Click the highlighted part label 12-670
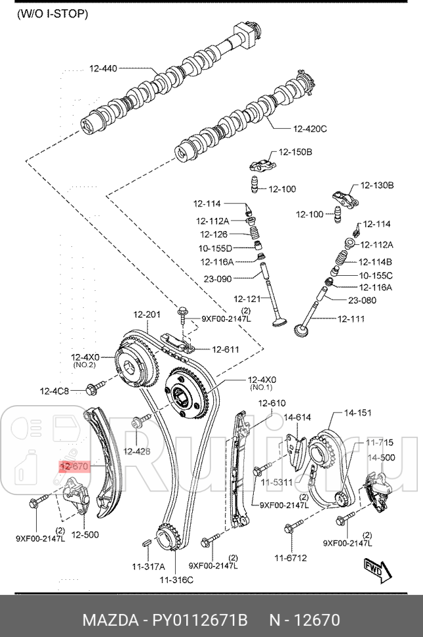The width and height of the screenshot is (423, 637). pyautogui.click(x=73, y=466)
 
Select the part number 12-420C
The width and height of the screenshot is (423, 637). pyautogui.click(x=310, y=129)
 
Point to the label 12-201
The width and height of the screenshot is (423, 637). pyautogui.click(x=147, y=315)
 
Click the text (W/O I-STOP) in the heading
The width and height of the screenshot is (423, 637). pyautogui.click(x=52, y=13)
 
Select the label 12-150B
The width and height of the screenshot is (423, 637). pyautogui.click(x=295, y=152)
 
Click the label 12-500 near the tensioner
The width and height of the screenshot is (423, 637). pyautogui.click(x=85, y=535)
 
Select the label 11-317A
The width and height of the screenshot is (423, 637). pyautogui.click(x=148, y=566)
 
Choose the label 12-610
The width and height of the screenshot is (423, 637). pyautogui.click(x=272, y=403)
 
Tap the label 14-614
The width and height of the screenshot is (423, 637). pyautogui.click(x=297, y=417)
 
